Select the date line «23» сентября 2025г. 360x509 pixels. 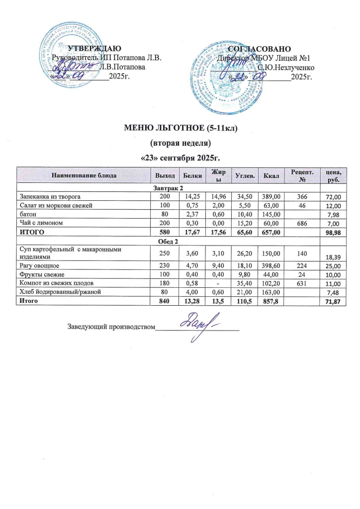click(x=180, y=159)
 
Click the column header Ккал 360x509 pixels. click(x=272, y=175)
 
